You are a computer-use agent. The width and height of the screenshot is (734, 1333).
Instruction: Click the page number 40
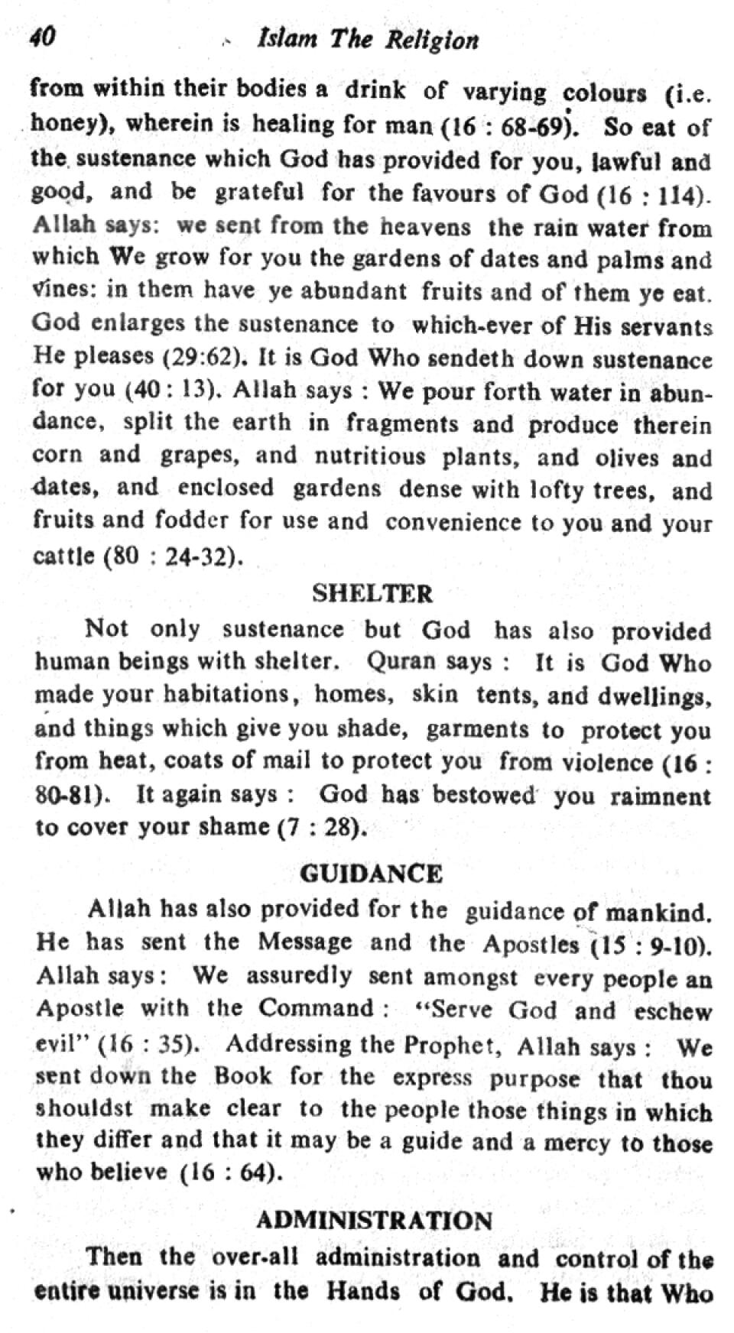pyautogui.click(x=42, y=36)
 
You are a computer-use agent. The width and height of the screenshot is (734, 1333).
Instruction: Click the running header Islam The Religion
pyautogui.click(x=369, y=40)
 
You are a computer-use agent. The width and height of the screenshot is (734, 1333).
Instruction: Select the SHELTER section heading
pyautogui.click(x=372, y=593)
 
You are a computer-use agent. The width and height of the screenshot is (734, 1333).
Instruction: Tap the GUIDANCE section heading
pyautogui.click(x=371, y=874)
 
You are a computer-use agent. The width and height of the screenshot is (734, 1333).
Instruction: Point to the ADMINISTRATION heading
pyautogui.click(x=374, y=1221)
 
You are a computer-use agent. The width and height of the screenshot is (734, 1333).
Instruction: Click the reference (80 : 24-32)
pyautogui.click(x=174, y=556)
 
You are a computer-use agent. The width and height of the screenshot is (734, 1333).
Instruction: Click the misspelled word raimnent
pyautogui.click(x=661, y=796)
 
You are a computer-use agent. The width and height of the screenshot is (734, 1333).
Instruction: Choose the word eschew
pyautogui.click(x=673, y=1011)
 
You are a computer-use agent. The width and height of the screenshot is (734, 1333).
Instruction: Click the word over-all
pyautogui.click(x=255, y=1257)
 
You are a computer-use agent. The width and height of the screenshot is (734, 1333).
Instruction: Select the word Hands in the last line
pyautogui.click(x=363, y=1292)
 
